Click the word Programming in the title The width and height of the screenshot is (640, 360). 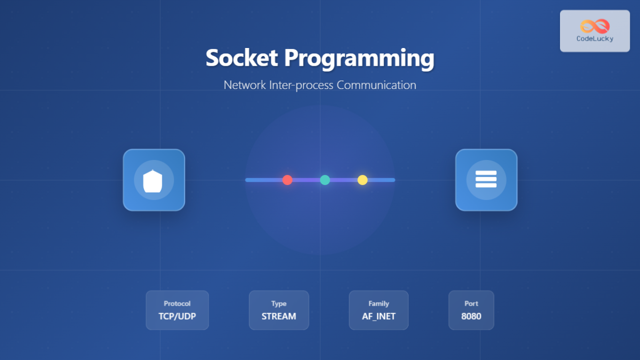click(x=359, y=58)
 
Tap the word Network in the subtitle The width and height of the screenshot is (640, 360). click(x=244, y=85)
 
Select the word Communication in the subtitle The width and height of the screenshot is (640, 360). click(x=377, y=85)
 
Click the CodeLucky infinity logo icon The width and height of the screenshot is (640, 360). click(x=595, y=26)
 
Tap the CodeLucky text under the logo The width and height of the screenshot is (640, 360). click(x=595, y=39)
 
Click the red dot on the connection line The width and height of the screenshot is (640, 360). click(x=287, y=180)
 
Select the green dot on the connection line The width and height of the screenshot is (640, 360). click(x=325, y=180)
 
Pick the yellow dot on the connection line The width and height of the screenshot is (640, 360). click(x=363, y=180)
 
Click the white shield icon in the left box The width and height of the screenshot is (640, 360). click(x=154, y=180)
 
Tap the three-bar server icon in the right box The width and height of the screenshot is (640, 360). click(x=486, y=179)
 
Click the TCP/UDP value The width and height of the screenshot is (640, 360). click(x=177, y=316)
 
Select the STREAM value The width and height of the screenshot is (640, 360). click(x=278, y=316)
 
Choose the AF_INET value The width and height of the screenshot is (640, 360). click(x=379, y=316)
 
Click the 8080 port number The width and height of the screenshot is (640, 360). click(x=471, y=316)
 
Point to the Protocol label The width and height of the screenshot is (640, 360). click(x=177, y=303)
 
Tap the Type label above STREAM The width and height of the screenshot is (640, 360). click(x=278, y=303)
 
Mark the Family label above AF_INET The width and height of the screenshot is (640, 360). click(x=379, y=303)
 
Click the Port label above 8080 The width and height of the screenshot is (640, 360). click(x=471, y=303)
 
